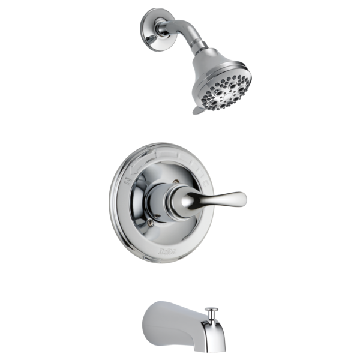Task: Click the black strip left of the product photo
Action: (x=54, y=180)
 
